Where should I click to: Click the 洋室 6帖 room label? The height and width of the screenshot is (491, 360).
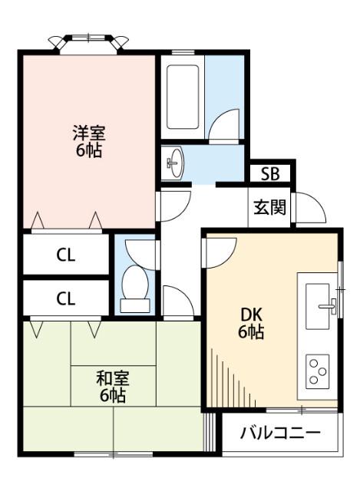coord(88,141)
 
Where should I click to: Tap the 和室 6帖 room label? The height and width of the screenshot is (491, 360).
coord(112,387)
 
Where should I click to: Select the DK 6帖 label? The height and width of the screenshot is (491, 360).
coord(251,323)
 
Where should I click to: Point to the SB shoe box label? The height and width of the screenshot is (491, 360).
coord(269,173)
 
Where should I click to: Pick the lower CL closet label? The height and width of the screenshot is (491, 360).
coord(66,298)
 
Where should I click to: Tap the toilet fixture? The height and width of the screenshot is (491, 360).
coord(135,288)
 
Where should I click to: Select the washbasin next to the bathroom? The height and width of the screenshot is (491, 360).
coord(175,162)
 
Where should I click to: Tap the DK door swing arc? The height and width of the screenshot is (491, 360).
coord(218,252)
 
